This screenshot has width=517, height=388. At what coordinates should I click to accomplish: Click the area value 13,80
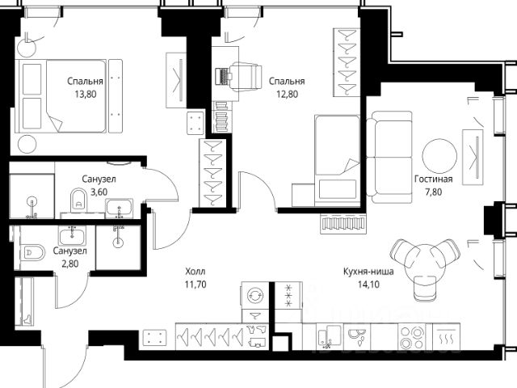(86, 95)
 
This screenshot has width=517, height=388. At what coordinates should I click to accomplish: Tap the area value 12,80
(287, 95)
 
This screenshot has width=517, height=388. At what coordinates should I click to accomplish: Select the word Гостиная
(433, 179)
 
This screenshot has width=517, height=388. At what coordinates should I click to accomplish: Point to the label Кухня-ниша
(368, 272)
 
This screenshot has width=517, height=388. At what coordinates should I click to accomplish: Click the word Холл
(195, 272)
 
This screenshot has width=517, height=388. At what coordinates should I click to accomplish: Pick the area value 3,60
(99, 192)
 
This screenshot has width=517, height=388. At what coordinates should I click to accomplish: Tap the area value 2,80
(70, 264)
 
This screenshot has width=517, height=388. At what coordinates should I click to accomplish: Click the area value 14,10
(368, 285)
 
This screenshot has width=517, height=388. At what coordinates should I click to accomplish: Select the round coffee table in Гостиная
(439, 156)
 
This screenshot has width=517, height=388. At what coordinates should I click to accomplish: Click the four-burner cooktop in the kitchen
(411, 337)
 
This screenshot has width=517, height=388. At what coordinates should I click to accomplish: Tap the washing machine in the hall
(255, 295)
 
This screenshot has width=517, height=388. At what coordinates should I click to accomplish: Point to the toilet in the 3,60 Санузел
(78, 200)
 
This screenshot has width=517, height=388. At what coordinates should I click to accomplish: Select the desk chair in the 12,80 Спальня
(245, 77)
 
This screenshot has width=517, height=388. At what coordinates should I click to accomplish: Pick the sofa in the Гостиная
(389, 157)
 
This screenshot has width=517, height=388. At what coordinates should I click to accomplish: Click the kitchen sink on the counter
(329, 336)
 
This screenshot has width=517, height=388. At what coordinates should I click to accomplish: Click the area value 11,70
(195, 285)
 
